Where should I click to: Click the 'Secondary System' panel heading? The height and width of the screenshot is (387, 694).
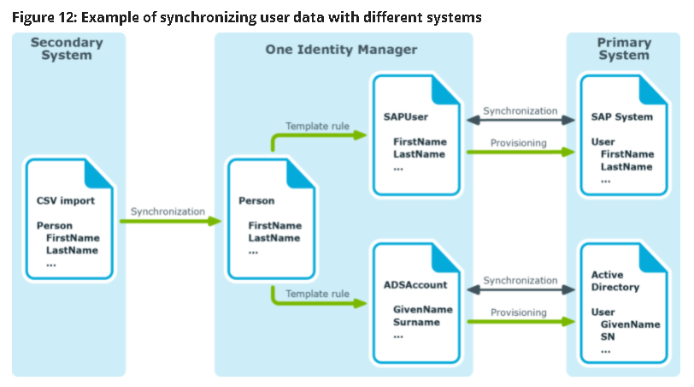pyautogui.click(x=68, y=50)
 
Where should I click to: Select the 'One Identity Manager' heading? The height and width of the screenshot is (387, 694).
pyautogui.click(x=341, y=50)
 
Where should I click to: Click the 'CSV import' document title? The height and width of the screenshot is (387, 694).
pyautogui.click(x=67, y=203)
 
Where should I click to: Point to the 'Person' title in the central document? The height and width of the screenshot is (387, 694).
pyautogui.click(x=256, y=201)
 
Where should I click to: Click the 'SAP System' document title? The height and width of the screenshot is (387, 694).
pyautogui.click(x=622, y=116)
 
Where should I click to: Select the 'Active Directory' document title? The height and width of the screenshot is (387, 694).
pyautogui.click(x=615, y=281)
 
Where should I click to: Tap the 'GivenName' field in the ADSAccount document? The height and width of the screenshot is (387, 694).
pyautogui.click(x=422, y=308)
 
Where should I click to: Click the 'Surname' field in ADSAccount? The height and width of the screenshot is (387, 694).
pyautogui.click(x=416, y=322)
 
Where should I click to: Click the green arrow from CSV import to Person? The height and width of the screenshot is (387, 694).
pyautogui.click(x=169, y=221)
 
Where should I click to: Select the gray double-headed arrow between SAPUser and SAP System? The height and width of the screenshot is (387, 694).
pyautogui.click(x=520, y=121)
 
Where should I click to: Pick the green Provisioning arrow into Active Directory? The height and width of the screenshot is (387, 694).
pyautogui.click(x=520, y=322)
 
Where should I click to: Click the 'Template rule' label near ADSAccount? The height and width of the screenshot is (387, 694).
pyautogui.click(x=317, y=293)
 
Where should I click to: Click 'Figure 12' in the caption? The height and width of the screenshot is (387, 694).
pyautogui.click(x=43, y=16)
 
